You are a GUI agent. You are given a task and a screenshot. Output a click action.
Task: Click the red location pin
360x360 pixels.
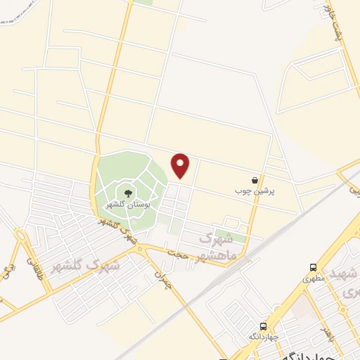click(x=181, y=165)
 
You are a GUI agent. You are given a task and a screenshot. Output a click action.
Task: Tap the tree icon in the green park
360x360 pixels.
click(x=128, y=193)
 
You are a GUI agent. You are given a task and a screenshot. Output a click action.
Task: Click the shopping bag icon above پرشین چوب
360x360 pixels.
click(x=254, y=180)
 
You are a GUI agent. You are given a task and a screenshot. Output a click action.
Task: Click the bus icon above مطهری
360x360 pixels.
click(x=313, y=267)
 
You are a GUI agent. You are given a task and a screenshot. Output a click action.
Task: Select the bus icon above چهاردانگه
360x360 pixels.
click(x=263, y=326)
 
